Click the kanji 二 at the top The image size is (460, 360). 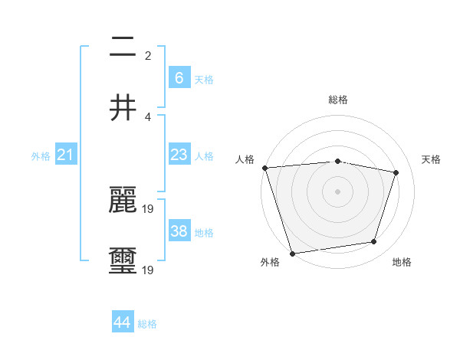coord(123,48)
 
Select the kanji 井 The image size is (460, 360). coord(123,107)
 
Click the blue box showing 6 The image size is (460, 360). coord(179,77)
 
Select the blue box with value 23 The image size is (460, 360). coord(179,155)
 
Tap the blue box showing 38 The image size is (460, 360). coord(179,231)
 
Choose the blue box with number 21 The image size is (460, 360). coord(66,155)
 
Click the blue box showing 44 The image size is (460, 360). coord(123,322)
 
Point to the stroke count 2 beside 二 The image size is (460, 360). coord(148,56)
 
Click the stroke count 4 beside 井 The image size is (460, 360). coord(148,116)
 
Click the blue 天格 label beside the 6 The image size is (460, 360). coord(204,79)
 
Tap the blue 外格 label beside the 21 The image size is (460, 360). coord(41,156)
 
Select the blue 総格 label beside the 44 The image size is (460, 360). coord(147,324)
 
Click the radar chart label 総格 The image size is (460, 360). coord(337,100)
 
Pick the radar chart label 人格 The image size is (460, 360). coord(245,159)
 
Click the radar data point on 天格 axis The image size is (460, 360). coord(396,172)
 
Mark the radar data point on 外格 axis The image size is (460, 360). coord(292,253)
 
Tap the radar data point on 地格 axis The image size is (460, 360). coord(374,242)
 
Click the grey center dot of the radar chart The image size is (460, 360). coord(337,191)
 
